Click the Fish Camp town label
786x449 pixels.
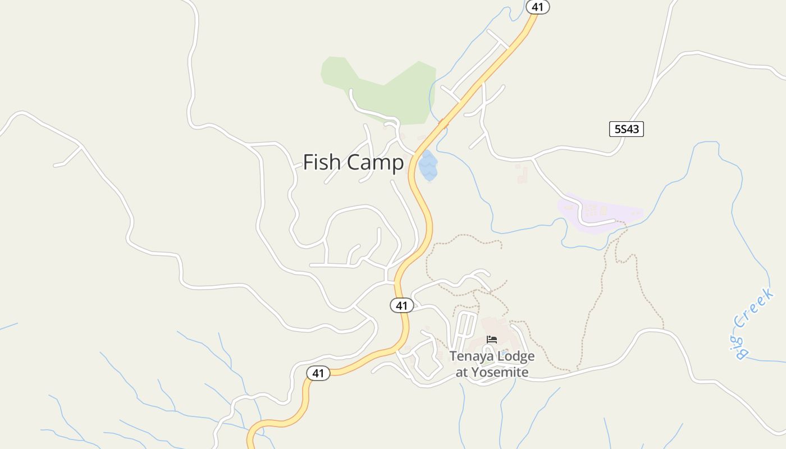point(353,162)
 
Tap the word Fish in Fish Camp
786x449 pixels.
point(322,162)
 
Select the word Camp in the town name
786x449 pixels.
point(374,163)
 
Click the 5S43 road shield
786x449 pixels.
point(626,129)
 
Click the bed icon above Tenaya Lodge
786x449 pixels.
point(492,340)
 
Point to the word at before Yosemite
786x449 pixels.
point(461,372)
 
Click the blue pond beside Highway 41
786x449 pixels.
point(428,166)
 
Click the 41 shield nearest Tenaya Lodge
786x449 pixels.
point(401,305)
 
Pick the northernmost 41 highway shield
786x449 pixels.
point(538,7)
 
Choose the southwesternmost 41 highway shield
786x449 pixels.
point(318,373)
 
